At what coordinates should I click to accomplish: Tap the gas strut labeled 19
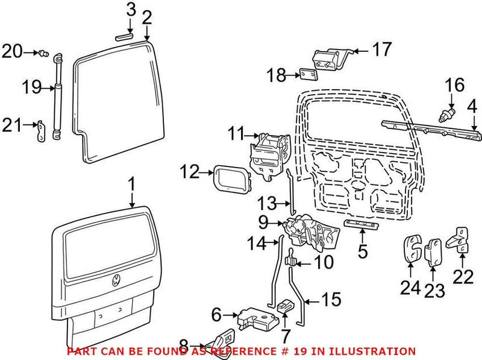(57, 96)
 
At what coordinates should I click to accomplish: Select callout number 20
(12, 52)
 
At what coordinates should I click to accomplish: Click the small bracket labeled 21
(40, 131)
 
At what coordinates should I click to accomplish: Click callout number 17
(381, 49)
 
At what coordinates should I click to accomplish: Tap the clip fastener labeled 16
(447, 114)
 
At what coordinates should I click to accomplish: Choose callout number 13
(267, 203)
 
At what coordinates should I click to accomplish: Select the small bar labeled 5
(361, 225)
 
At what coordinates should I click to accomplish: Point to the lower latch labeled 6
(256, 317)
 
